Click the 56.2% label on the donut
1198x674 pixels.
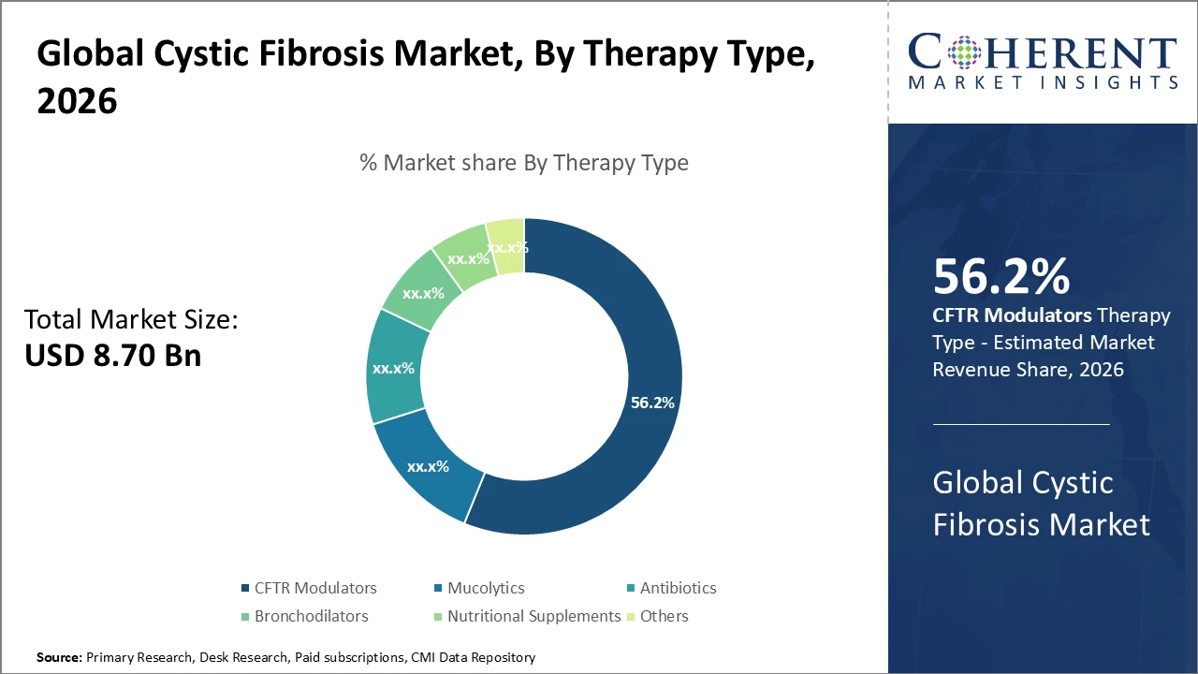pos(652,403)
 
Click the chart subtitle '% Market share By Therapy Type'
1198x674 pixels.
pos(524,163)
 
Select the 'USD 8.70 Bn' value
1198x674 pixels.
pos(112,356)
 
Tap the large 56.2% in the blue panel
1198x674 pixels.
pos(1001,277)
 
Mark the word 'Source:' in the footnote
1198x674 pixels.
pos(59,658)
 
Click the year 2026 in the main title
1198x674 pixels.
pos(78,101)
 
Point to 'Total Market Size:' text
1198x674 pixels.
pos(132,320)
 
